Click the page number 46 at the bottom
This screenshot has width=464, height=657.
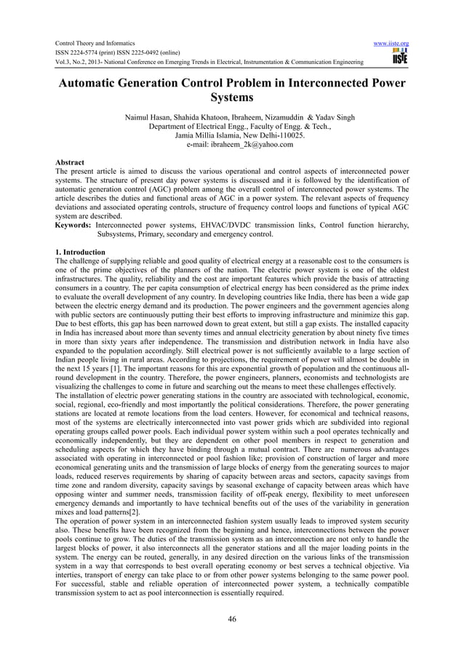(x=231, y=619)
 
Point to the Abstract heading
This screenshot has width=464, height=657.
(x=70, y=162)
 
